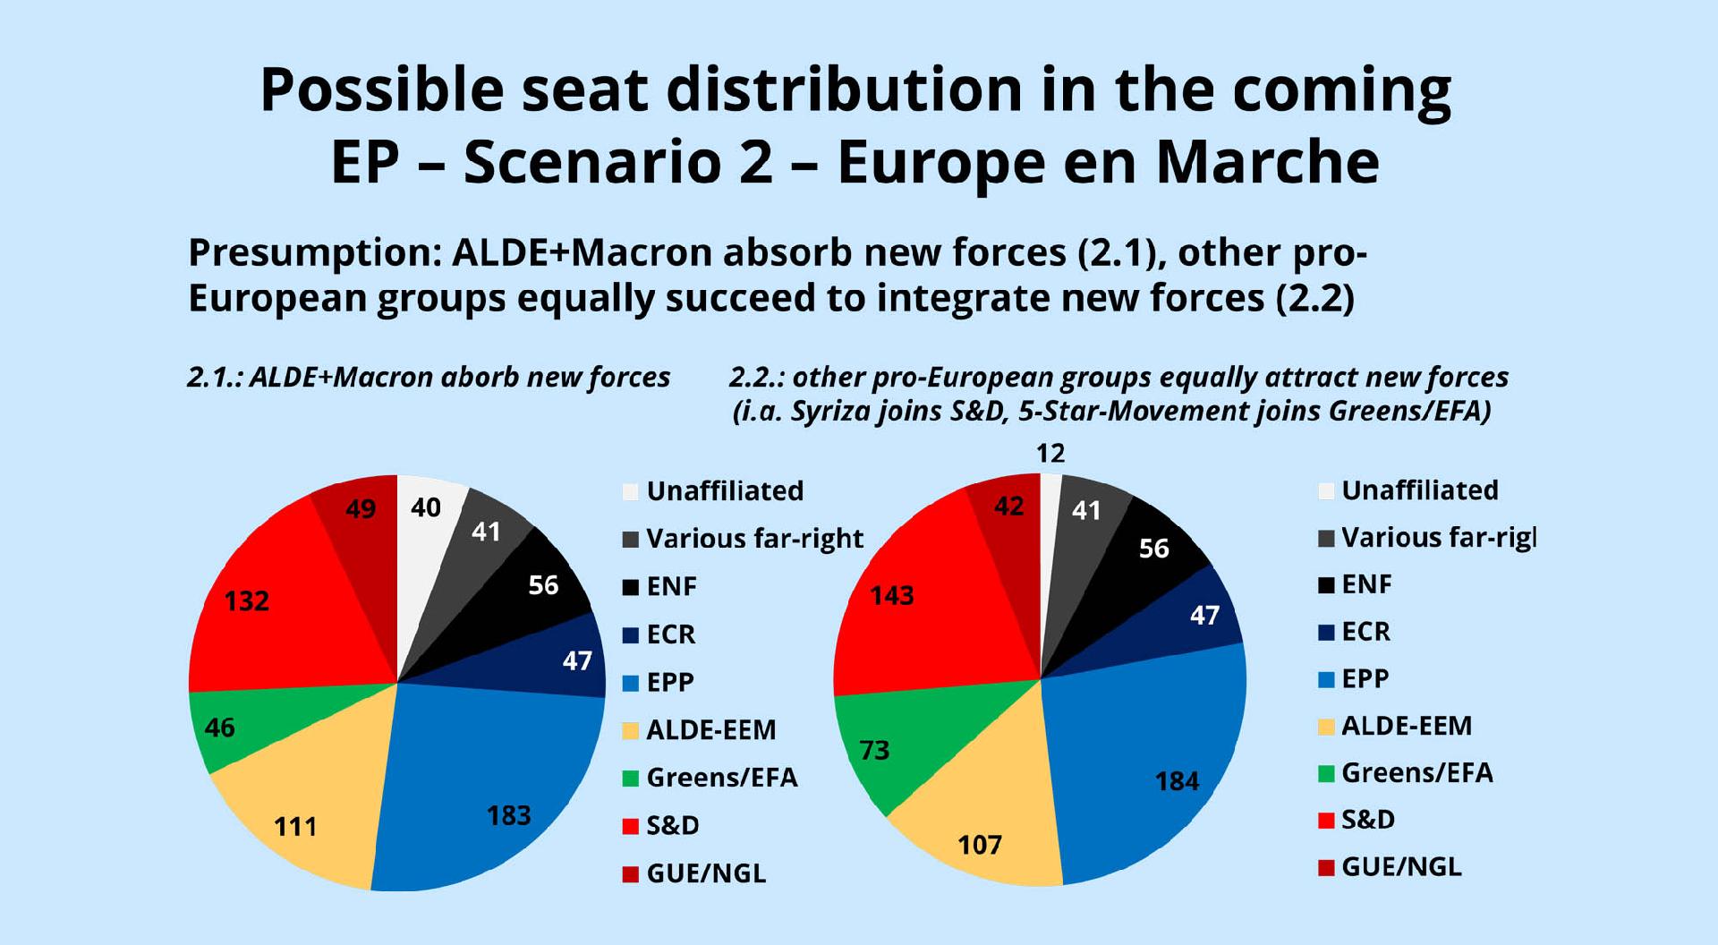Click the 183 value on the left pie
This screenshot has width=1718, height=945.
[508, 815]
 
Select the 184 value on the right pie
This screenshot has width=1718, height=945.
[1177, 781]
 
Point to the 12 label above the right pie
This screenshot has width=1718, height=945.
[1050, 453]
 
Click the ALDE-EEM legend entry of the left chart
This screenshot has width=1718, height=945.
[710, 729]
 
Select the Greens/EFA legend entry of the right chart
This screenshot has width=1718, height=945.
[1416, 772]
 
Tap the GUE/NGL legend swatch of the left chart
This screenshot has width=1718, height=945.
[631, 873]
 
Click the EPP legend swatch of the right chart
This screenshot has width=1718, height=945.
[1326, 679]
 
